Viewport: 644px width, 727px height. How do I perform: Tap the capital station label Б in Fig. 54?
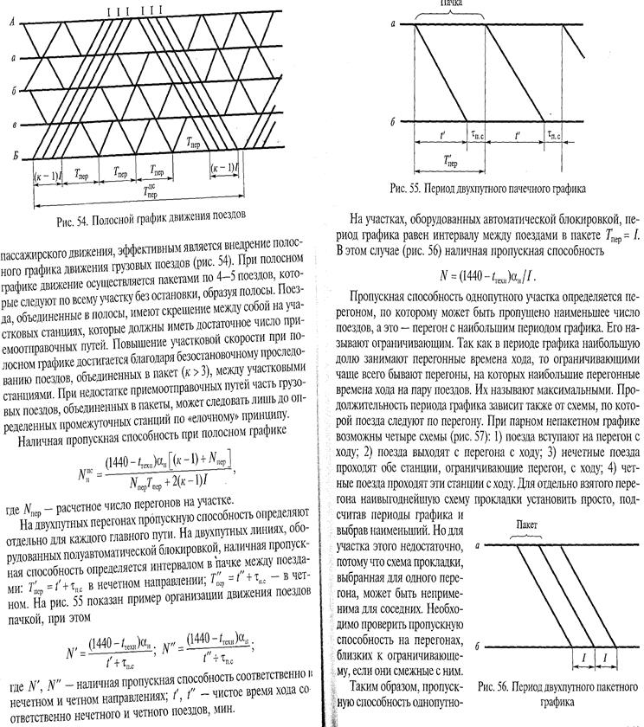[13, 156]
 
